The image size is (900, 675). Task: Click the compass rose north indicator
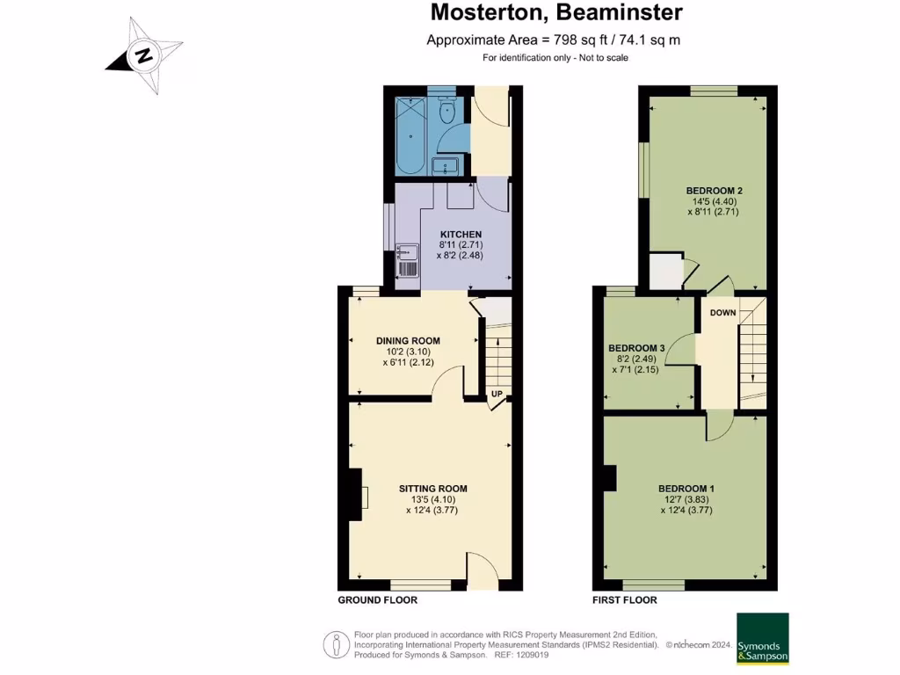click(x=144, y=56)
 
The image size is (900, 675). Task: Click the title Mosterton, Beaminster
click(x=556, y=12)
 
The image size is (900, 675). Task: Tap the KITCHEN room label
click(x=461, y=234)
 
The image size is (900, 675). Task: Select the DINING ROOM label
click(x=408, y=341)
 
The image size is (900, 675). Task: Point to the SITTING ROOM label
click(x=432, y=489)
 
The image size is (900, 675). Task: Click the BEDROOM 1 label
click(x=686, y=489)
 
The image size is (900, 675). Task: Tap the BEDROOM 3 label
click(x=636, y=348)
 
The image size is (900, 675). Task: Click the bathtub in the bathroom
click(x=410, y=135)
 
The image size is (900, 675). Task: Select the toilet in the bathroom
click(x=446, y=110)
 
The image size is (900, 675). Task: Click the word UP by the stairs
click(x=497, y=394)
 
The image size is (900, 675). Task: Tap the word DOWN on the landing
click(x=722, y=313)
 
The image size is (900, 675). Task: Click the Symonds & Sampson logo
click(x=763, y=638)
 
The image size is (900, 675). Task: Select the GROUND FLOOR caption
click(x=378, y=599)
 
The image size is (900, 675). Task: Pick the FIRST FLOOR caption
click(x=625, y=599)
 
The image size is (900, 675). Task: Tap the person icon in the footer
click(x=337, y=645)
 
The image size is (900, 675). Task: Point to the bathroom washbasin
click(x=446, y=167)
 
